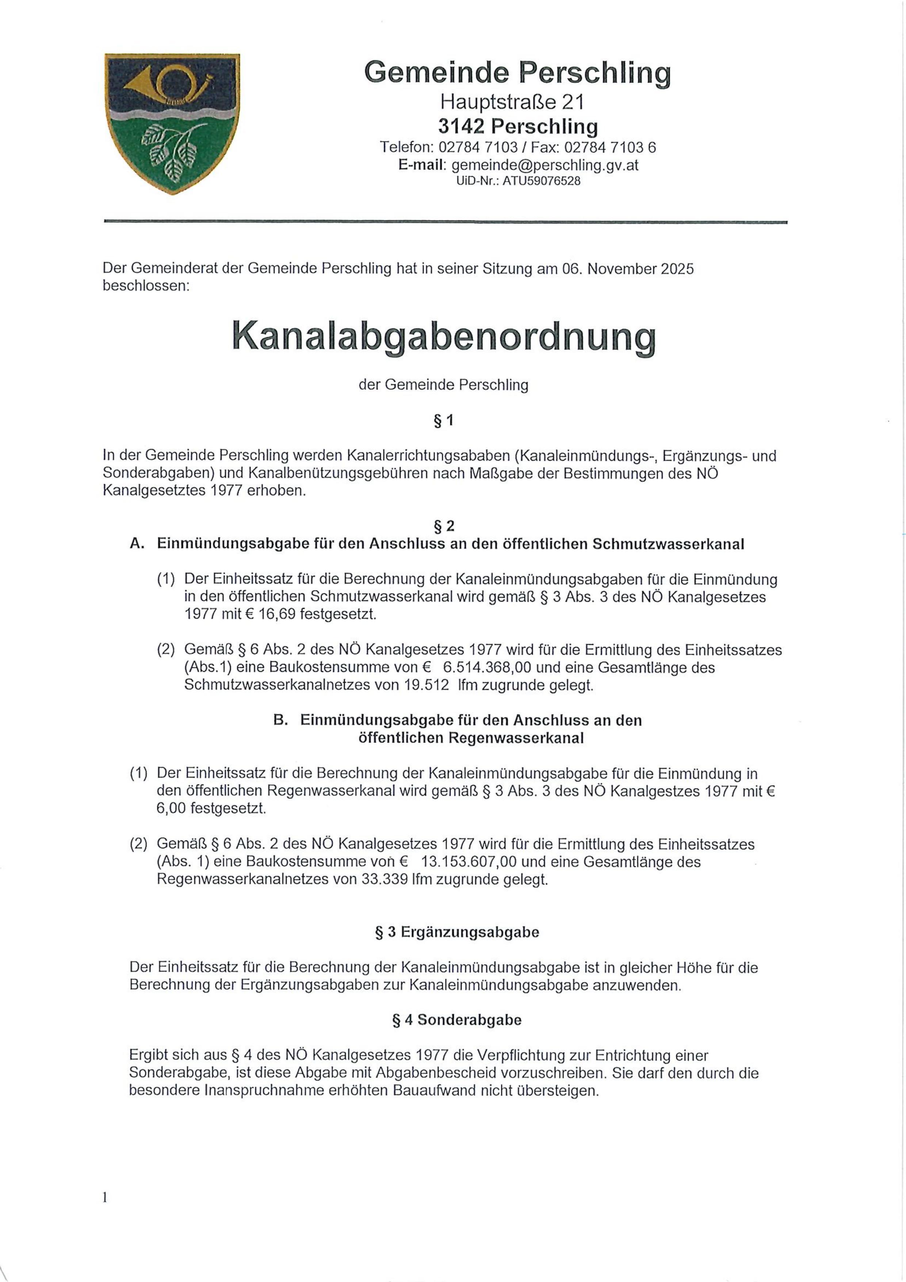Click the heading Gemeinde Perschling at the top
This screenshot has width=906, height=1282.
point(517,73)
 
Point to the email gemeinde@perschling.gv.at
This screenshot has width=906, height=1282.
point(545,165)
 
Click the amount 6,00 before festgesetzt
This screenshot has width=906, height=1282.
point(171,809)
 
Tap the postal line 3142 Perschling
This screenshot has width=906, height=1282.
point(517,127)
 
